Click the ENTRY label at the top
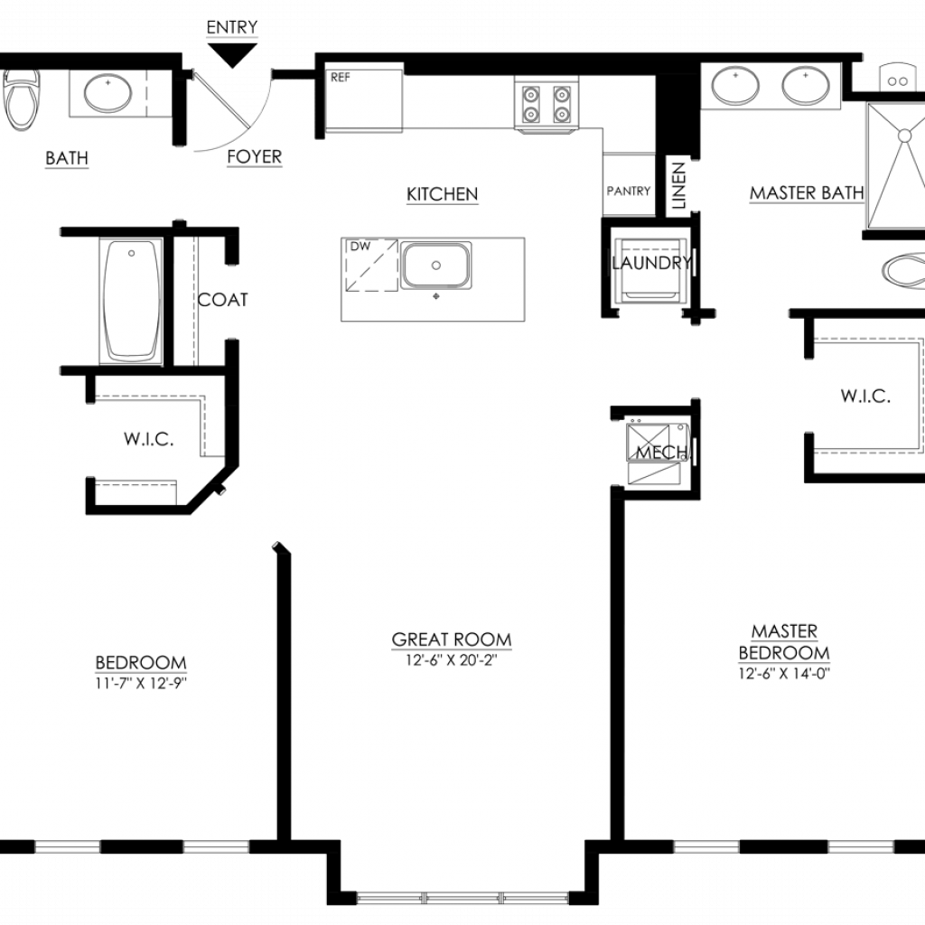pyautogui.click(x=232, y=27)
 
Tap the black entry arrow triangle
pyautogui.click(x=232, y=55)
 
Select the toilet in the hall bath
pyautogui.click(x=22, y=99)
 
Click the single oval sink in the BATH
pyautogui.click(x=108, y=93)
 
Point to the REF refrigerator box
pyautogui.click(x=364, y=100)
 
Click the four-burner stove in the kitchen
pyautogui.click(x=547, y=103)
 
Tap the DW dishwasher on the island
pyautogui.click(x=372, y=265)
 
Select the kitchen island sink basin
pyautogui.click(x=436, y=265)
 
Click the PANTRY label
pyautogui.click(x=629, y=191)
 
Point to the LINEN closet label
pyautogui.click(x=679, y=186)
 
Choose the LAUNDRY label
pyautogui.click(x=651, y=263)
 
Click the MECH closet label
pyautogui.click(x=661, y=453)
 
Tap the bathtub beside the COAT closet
pyautogui.click(x=132, y=302)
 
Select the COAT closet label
pyautogui.click(x=222, y=300)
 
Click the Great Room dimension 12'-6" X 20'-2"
pyautogui.click(x=452, y=660)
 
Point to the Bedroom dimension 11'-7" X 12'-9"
pyautogui.click(x=141, y=683)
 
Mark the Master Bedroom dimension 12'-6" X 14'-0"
pyautogui.click(x=784, y=673)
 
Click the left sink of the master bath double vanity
pyautogui.click(x=735, y=86)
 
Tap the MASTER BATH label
pyautogui.click(x=807, y=193)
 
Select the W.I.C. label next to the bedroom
pyautogui.click(x=149, y=439)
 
